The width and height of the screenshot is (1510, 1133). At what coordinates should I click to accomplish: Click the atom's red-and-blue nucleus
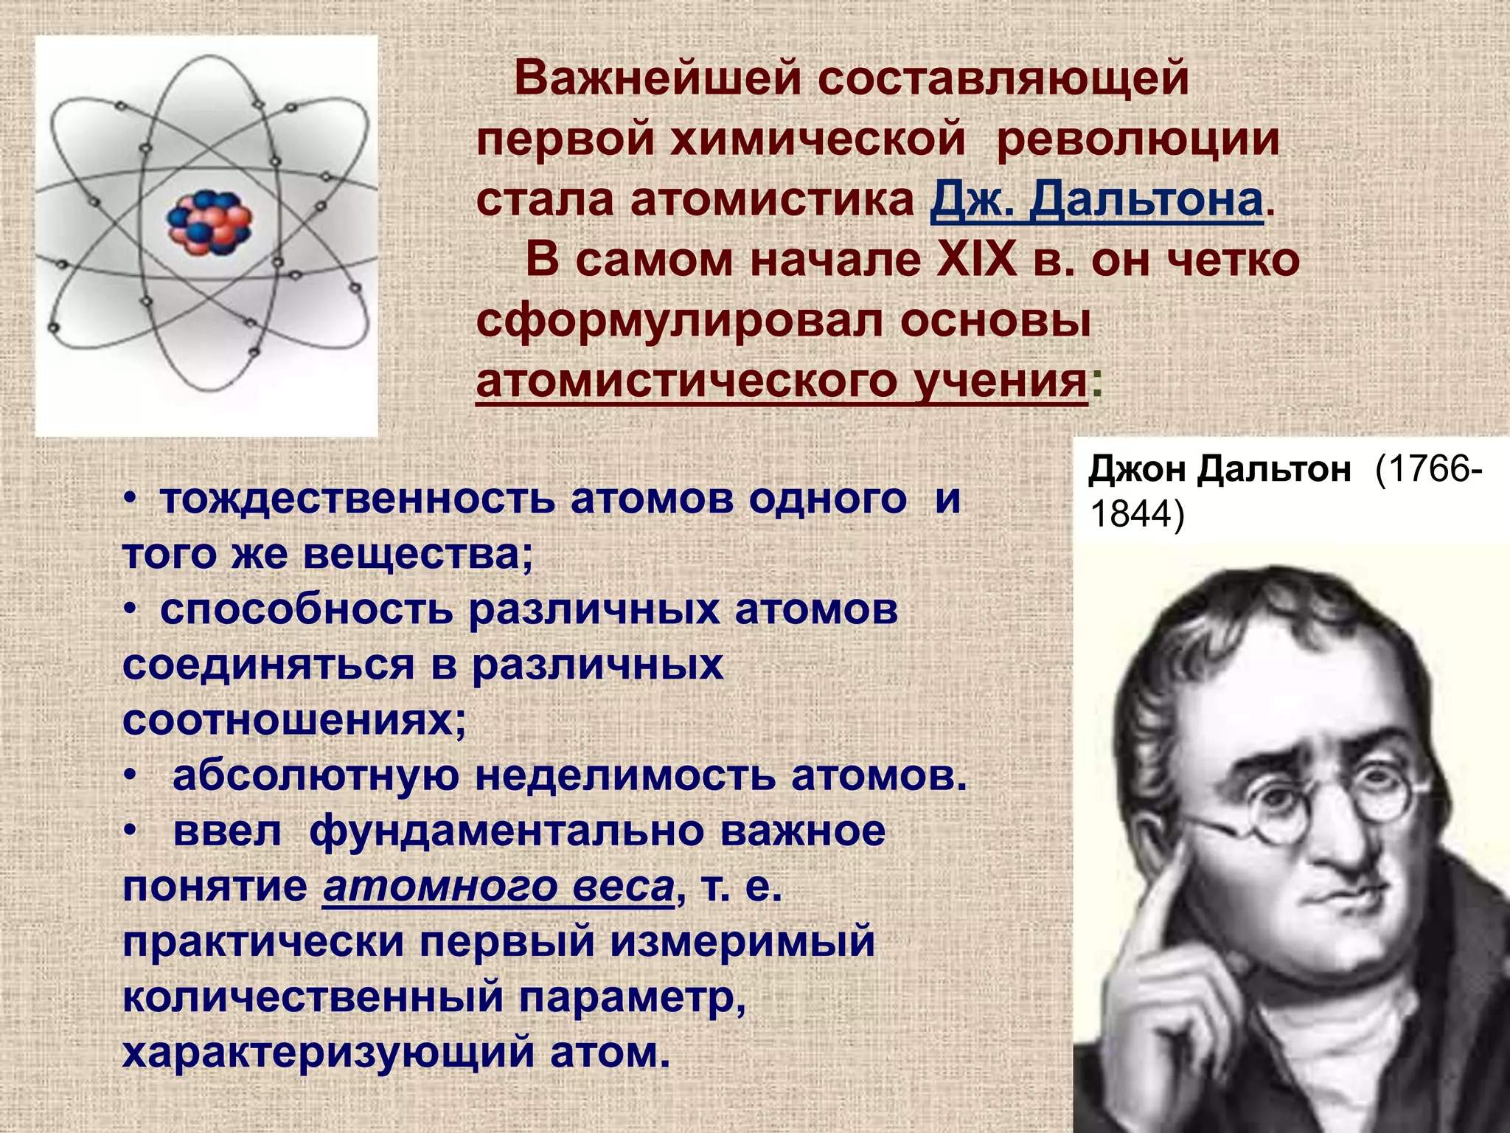[209, 222]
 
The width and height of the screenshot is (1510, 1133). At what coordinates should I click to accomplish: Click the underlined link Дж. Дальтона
[1097, 200]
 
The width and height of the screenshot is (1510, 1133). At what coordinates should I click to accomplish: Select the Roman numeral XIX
[976, 260]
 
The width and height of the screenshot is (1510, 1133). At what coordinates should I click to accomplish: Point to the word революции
[1138, 139]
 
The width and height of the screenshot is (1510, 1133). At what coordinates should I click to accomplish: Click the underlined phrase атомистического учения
[782, 381]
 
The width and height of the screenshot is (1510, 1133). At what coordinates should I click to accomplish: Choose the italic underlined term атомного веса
[498, 886]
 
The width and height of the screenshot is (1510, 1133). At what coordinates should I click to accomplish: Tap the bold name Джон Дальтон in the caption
[1220, 469]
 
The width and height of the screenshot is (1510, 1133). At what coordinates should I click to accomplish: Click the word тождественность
[357, 499]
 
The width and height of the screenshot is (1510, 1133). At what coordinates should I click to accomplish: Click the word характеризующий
[327, 1052]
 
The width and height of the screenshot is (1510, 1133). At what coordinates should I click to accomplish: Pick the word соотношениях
[293, 720]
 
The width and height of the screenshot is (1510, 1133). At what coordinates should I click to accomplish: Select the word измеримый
[742, 942]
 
